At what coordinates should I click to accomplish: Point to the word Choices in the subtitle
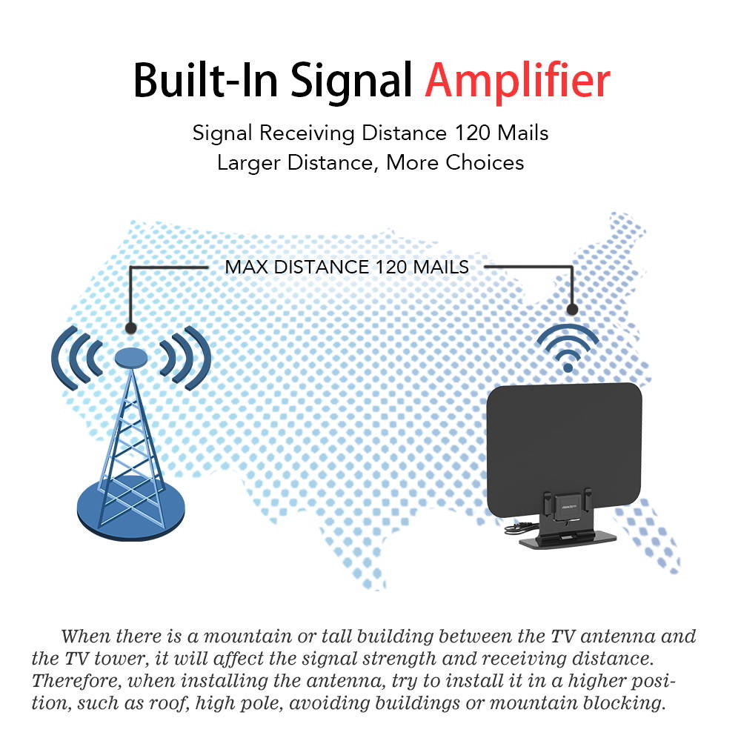point(485,162)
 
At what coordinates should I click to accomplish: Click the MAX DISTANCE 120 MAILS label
point(347,267)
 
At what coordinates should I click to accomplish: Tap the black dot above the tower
point(130,327)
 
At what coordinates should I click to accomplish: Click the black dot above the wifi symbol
point(571,309)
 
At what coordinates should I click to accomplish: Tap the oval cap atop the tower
point(131,358)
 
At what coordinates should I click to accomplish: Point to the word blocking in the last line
point(625,702)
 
